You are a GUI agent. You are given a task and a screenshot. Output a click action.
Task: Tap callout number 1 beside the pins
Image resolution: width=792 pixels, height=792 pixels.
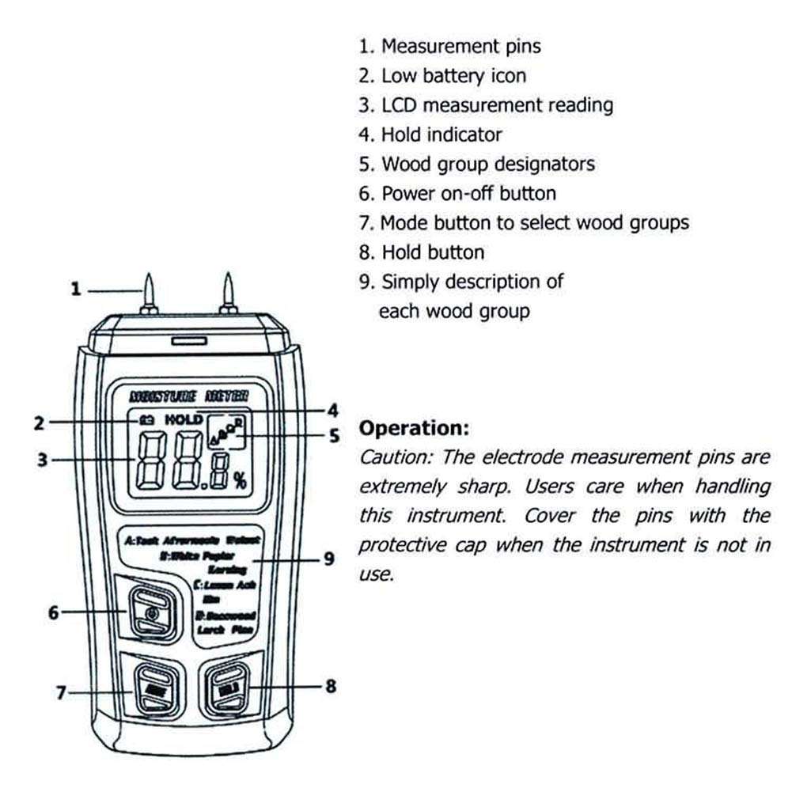76,290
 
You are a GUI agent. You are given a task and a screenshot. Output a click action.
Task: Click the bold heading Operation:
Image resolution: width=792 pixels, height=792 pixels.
414,429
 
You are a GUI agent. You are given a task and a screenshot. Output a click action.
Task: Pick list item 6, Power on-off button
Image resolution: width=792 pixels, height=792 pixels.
457,193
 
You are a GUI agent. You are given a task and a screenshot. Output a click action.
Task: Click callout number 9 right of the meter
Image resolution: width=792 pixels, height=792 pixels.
329,559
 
